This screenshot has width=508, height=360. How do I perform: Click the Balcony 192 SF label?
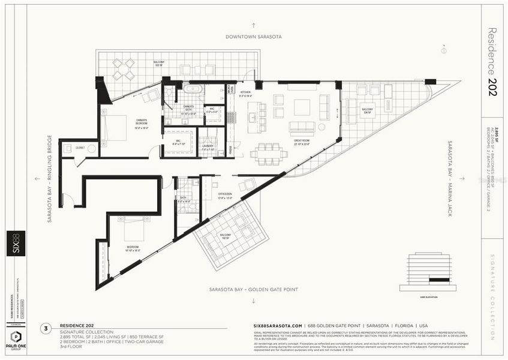[225, 236]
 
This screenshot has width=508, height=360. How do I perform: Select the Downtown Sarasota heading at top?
[253, 36]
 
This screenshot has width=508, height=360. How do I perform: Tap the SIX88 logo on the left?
[16, 243]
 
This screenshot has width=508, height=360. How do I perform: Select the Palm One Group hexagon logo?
[16, 337]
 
